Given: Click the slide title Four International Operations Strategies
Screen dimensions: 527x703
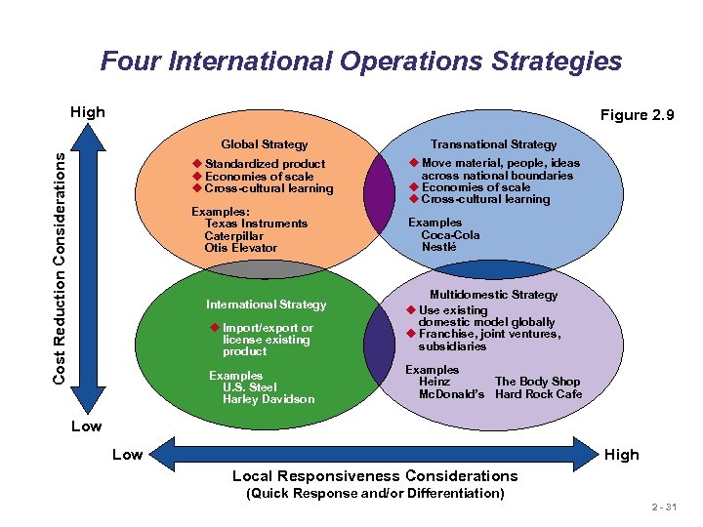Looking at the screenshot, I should click(x=360, y=61).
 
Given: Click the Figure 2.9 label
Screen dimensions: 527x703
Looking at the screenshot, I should click(x=637, y=115).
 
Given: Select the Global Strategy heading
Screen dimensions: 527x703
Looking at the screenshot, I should click(x=264, y=144).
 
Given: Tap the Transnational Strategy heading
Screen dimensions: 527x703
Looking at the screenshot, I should click(x=493, y=144).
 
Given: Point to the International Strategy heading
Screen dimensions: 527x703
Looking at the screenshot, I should click(x=266, y=304).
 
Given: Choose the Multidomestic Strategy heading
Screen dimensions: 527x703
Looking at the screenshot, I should click(x=493, y=295).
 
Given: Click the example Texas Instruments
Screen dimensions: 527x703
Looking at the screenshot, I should click(x=256, y=223).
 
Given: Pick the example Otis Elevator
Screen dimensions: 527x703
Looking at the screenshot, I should click(x=240, y=248).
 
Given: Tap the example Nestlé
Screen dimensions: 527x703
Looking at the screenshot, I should click(x=438, y=247).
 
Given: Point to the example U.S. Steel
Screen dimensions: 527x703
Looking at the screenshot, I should click(x=249, y=387).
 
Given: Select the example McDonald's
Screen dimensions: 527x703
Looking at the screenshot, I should click(x=451, y=394).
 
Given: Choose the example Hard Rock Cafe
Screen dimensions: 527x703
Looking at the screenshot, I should click(x=538, y=394).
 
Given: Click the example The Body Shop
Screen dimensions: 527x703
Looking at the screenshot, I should click(x=537, y=382).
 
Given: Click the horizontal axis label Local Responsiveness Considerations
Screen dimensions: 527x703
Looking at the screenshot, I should click(x=375, y=476).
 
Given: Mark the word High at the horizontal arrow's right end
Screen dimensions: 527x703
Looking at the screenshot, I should click(x=621, y=454).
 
